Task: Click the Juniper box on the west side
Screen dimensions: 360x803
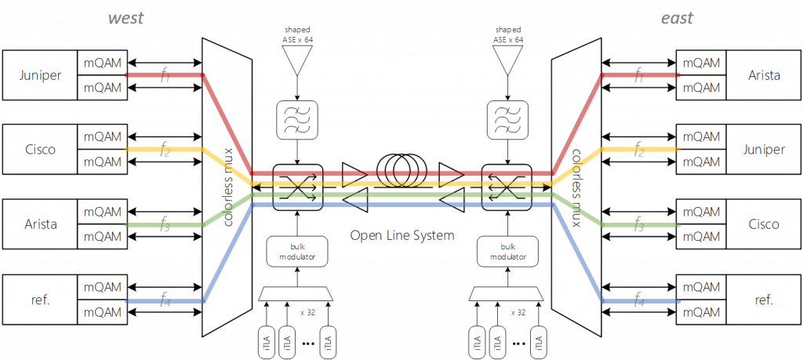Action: (x=40, y=75)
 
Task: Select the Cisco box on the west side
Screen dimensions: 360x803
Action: (x=40, y=149)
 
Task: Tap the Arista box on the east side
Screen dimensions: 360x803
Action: (x=764, y=75)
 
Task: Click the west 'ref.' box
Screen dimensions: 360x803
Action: (x=40, y=300)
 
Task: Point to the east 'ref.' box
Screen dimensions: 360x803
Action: (x=764, y=300)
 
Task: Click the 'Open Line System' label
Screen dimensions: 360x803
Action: (x=402, y=235)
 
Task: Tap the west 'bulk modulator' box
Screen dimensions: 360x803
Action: (x=296, y=250)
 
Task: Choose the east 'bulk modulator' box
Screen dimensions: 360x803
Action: (x=507, y=250)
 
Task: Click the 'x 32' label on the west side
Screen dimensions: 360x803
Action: (x=307, y=312)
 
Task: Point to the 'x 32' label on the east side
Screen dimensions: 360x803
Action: (x=518, y=312)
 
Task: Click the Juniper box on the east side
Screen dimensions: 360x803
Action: (x=764, y=149)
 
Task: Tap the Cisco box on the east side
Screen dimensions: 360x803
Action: (x=764, y=224)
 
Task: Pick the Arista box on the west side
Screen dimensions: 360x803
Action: (x=40, y=224)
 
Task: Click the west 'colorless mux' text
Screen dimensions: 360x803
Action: (x=229, y=188)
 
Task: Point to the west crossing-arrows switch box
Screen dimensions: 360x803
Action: (x=297, y=187)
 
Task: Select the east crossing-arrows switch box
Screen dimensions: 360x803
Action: (x=506, y=187)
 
